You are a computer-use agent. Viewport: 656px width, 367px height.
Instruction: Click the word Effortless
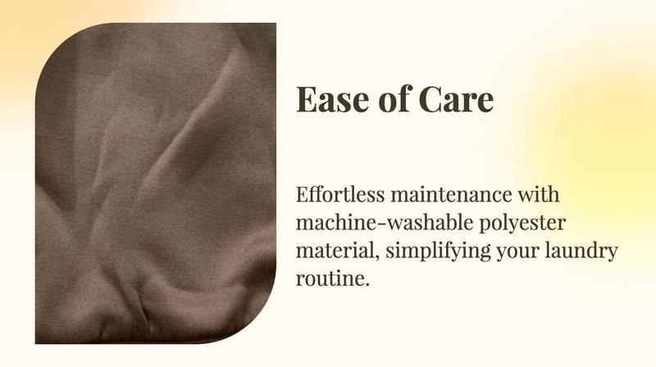coord(340,194)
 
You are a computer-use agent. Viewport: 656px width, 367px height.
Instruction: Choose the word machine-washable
coord(385,222)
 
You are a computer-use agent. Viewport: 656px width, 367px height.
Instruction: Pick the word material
coord(338,251)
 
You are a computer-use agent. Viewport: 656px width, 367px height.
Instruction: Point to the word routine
coord(330,279)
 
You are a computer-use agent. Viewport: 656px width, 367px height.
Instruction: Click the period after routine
coord(367,285)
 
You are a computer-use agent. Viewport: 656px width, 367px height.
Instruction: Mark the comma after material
coord(377,258)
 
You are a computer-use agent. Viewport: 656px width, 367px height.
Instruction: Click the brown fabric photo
coord(155,183)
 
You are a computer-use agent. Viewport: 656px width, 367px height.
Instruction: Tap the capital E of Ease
coord(306,99)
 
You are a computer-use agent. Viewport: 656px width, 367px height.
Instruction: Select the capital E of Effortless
coord(303,195)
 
